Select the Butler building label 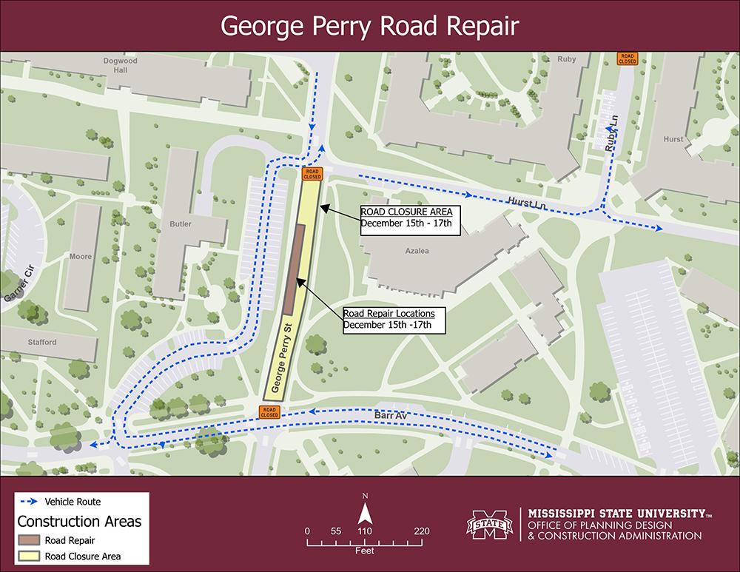click(x=180, y=224)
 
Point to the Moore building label click(x=81, y=257)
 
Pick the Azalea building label click(x=417, y=252)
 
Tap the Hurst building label click(x=673, y=139)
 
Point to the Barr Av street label click(x=391, y=417)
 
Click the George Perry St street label click(x=277, y=359)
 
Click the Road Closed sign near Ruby click(x=628, y=58)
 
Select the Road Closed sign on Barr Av click(x=269, y=412)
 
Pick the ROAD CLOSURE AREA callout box click(x=410, y=220)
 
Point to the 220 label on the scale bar click(x=422, y=531)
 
